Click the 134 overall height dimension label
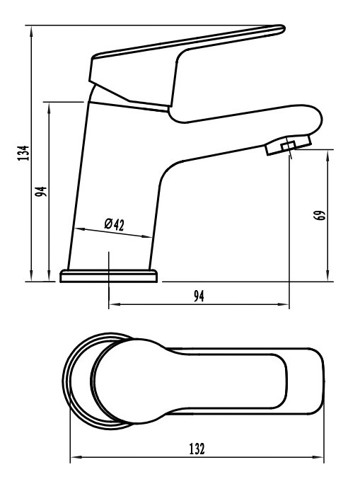point(23,153)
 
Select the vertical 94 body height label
point(41,191)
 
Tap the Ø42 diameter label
point(115,224)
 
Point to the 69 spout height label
point(320,215)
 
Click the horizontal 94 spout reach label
point(199,296)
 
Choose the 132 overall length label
point(197,449)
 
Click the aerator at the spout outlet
point(289,145)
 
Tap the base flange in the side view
point(108,276)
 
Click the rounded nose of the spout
point(318,119)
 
